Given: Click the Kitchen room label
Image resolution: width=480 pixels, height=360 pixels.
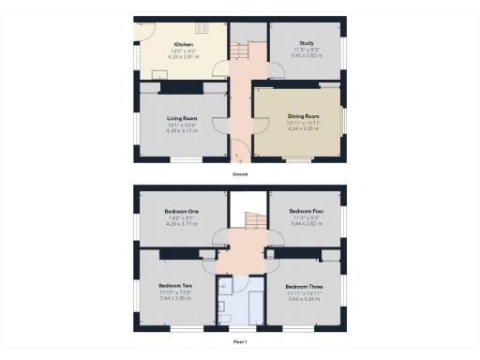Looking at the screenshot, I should (182, 44).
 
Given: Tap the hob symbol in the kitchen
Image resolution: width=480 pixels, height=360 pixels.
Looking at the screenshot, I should (200, 27).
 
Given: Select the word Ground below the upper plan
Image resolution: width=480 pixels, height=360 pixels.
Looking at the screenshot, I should (240, 174).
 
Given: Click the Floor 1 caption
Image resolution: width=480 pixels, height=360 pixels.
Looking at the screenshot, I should (240, 342).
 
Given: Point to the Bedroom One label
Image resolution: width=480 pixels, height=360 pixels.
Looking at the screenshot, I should (178, 212).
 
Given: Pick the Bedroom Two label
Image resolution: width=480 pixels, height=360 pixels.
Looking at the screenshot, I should (175, 285).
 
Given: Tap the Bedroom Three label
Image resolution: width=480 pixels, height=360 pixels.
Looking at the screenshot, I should (304, 286).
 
